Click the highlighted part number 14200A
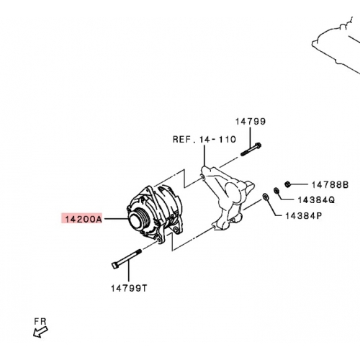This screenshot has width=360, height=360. tap(84, 220)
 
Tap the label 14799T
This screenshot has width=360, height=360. tap(129, 288)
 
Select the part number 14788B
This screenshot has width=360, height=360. tap(330, 185)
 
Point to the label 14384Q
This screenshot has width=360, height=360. tap(316, 199)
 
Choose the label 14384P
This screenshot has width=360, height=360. tap(303, 216)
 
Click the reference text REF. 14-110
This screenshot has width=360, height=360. tap(204, 140)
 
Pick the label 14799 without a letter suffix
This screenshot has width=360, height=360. tap(251, 122)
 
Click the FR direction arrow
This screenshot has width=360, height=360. tap(40, 333)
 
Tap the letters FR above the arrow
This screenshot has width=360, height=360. tap(40, 321)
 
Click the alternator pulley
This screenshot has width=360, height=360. tap(138, 219)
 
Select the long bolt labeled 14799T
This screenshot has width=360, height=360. tap(127, 258)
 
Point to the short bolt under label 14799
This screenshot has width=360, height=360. tap(251, 149)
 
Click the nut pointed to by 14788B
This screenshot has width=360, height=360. tap(287, 184)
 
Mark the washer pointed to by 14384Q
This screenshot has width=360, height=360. tap(276, 191)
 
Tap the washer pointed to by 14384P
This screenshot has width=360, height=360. tap(266, 197)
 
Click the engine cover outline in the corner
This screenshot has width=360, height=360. tap(336, 45)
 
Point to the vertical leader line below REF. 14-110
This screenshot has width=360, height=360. tap(204, 156)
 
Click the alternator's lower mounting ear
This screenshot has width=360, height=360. tap(161, 236)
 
